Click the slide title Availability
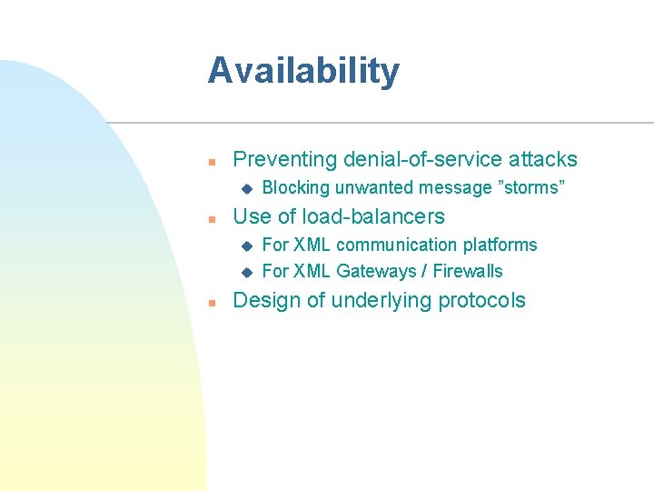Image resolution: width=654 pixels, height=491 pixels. pos(302,71)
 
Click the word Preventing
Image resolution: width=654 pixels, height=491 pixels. pos(285,160)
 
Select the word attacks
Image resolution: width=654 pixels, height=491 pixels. pos(544,159)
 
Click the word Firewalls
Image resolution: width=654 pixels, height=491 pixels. pos(468,271)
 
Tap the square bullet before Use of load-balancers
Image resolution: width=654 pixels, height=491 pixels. pos(210,219)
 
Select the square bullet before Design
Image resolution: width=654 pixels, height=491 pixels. pos(210,303)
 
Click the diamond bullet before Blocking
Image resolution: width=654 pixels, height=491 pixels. pos(244,189)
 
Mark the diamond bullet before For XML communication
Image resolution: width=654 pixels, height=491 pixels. pos(244,245)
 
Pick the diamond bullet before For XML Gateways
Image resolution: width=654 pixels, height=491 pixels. pos(244,272)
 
